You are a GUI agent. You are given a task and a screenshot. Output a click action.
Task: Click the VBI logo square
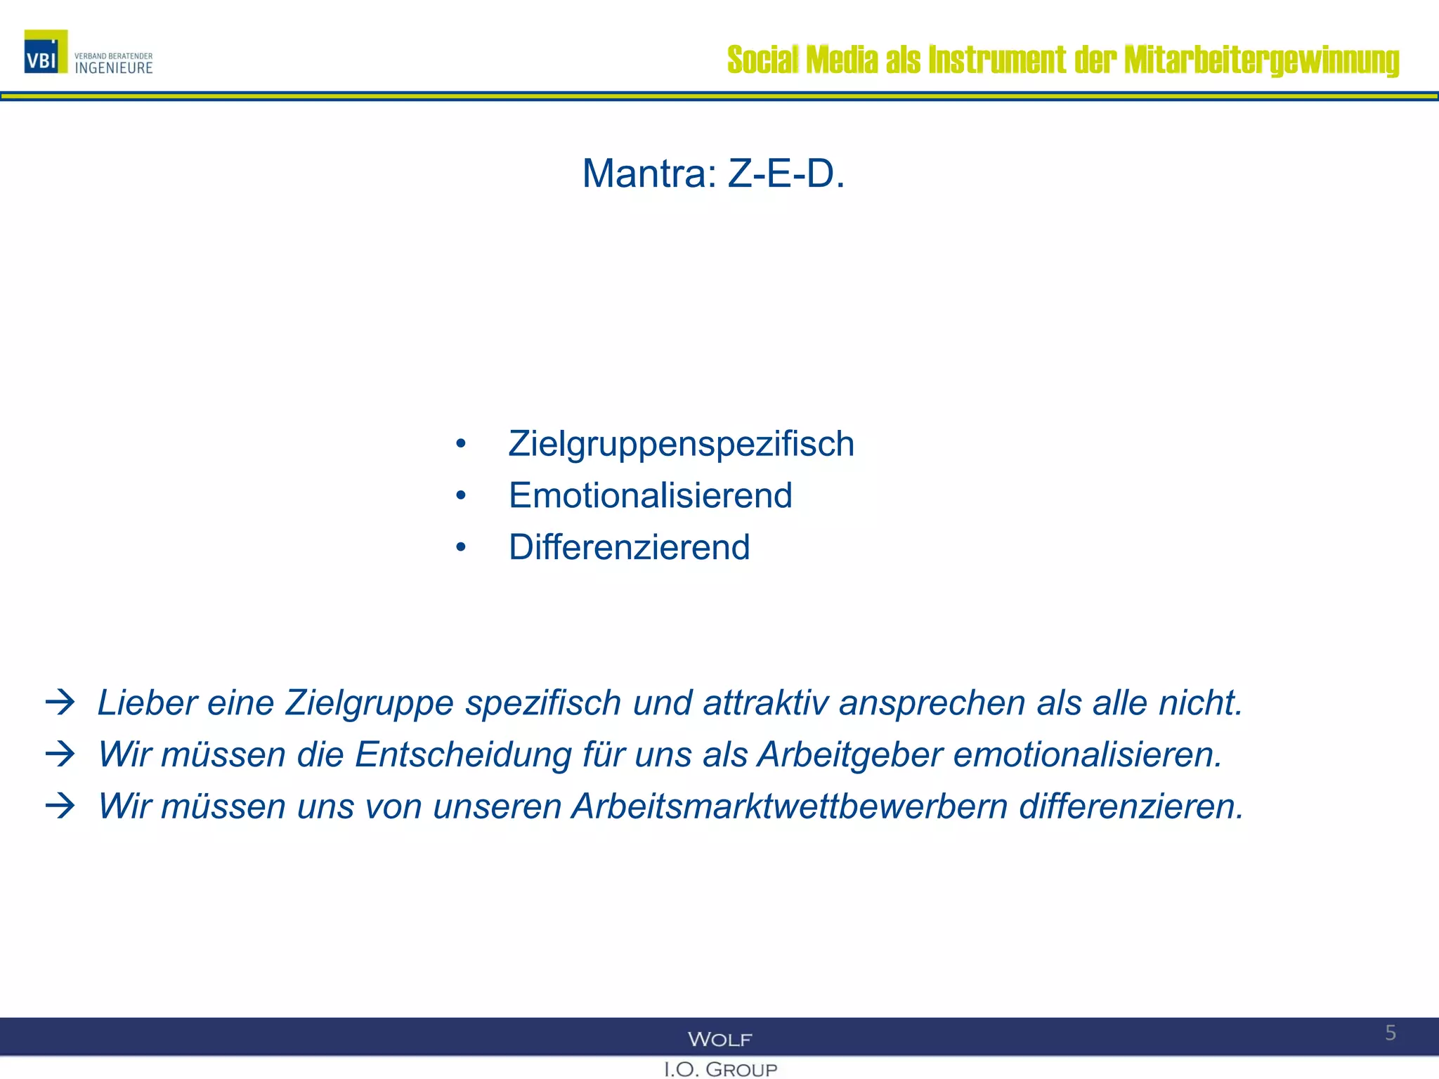point(46,52)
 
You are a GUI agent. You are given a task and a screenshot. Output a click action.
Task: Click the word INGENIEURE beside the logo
point(114,68)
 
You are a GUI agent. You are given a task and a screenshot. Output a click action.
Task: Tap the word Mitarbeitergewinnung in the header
point(1261,60)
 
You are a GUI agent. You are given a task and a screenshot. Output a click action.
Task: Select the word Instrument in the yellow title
point(997,60)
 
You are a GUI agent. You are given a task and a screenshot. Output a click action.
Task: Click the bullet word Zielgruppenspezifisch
point(681,444)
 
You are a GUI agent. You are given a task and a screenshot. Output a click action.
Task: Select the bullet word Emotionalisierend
point(650,495)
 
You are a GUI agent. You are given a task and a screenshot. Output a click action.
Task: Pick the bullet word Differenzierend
point(629,547)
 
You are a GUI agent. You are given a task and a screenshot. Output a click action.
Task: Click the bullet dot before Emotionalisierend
point(461,496)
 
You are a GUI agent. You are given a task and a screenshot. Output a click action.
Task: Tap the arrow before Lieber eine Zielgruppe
point(60,702)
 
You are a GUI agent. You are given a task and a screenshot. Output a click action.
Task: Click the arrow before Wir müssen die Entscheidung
point(60,754)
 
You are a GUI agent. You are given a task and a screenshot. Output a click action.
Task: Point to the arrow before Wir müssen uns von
point(60,806)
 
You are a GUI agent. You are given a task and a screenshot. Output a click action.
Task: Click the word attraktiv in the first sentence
point(766,703)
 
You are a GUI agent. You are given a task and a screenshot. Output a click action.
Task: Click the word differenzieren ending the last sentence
point(1131,806)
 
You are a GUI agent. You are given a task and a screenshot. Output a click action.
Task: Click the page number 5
point(1391,1033)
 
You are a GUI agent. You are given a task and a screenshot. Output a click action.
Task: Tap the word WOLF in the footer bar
point(719,1039)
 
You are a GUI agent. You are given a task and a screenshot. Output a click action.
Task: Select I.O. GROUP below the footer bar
point(720,1069)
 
